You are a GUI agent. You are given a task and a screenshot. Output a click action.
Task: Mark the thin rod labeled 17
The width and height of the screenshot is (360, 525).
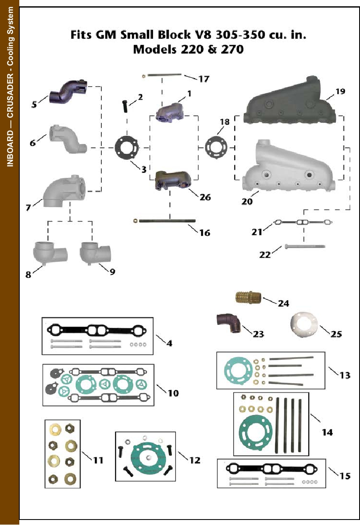(164, 75)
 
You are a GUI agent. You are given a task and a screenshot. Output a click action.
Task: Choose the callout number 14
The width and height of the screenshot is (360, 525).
(327, 432)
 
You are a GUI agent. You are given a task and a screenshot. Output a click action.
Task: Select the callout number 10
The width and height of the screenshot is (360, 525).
(173, 393)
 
